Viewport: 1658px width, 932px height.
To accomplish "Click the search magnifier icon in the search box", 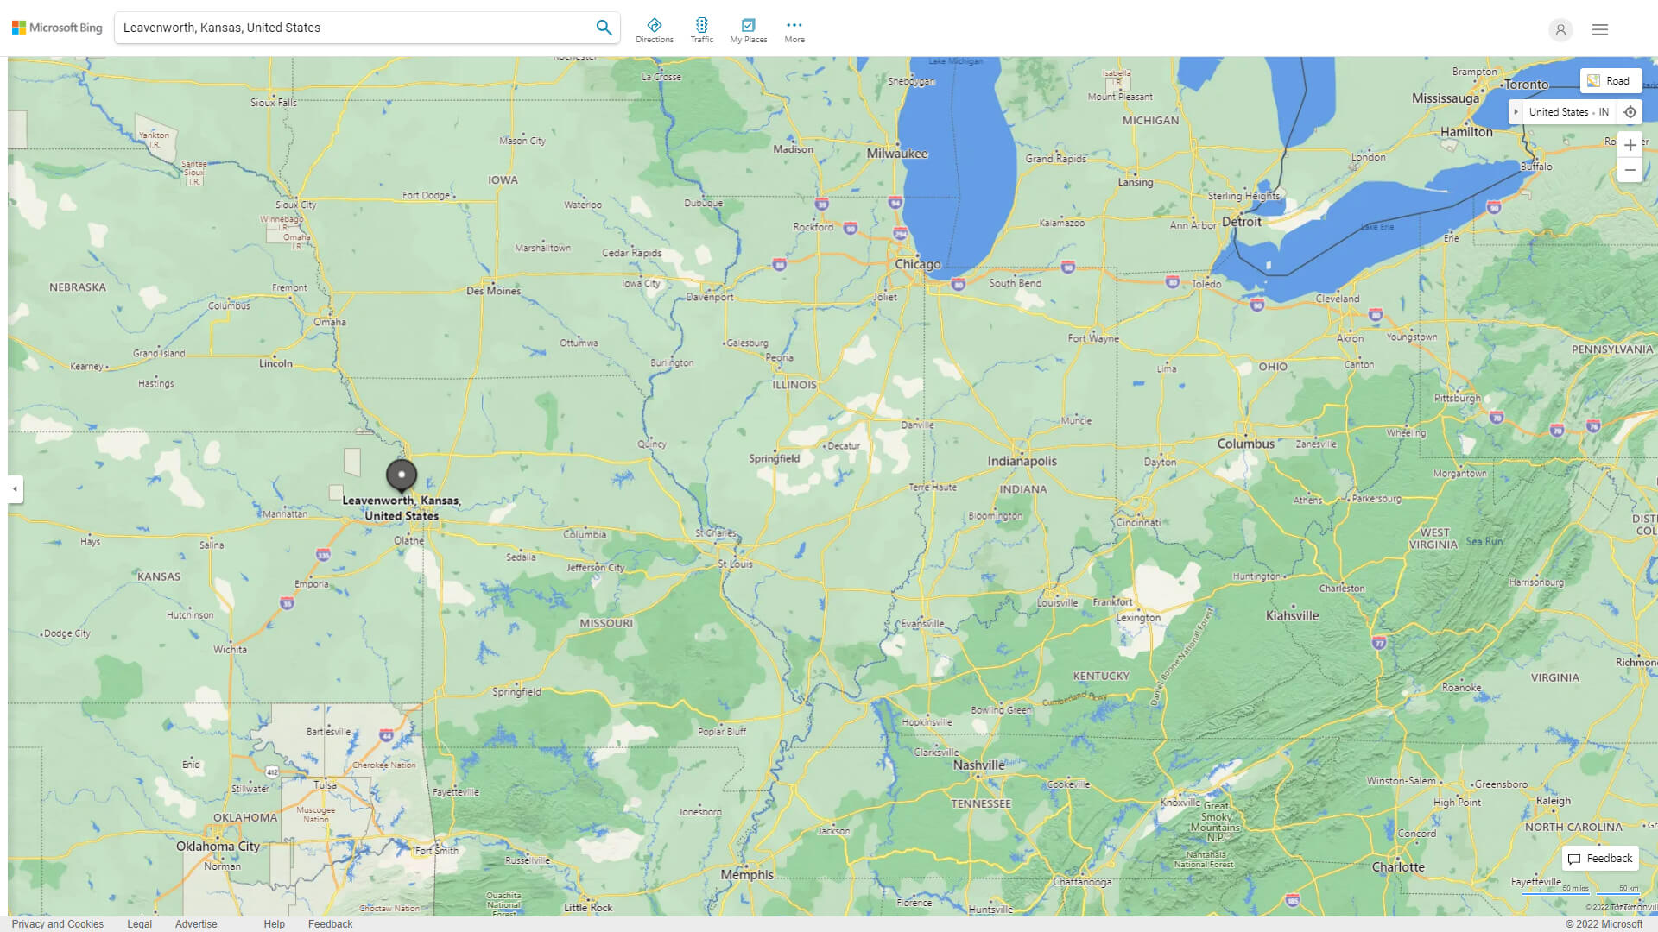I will (604, 28).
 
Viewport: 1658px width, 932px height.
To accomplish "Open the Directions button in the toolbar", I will (654, 29).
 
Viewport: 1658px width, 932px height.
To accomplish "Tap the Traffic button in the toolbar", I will (701, 29).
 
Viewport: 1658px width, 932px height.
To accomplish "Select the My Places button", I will (748, 29).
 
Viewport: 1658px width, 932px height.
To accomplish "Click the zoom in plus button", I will (1630, 145).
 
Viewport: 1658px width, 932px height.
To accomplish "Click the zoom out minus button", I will (1630, 171).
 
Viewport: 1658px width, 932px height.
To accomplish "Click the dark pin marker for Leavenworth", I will (402, 474).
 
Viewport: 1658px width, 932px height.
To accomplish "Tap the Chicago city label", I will (917, 264).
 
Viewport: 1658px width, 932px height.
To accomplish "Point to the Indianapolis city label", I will (1022, 461).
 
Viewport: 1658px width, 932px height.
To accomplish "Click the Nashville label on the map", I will (978, 765).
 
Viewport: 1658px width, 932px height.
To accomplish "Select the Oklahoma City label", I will (218, 846).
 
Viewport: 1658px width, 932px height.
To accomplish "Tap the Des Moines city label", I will (493, 291).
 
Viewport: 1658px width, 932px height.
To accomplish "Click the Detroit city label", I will (1242, 222).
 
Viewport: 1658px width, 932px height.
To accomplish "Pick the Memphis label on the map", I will (747, 874).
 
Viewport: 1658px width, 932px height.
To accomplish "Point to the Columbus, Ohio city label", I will (1245, 444).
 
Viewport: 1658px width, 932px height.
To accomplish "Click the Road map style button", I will (1610, 81).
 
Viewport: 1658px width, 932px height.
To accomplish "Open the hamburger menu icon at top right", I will (1600, 29).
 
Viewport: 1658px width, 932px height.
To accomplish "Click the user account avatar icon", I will (1560, 29).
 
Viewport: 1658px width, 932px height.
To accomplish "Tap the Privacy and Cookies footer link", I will (58, 923).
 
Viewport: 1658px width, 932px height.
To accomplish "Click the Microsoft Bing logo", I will (57, 28).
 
